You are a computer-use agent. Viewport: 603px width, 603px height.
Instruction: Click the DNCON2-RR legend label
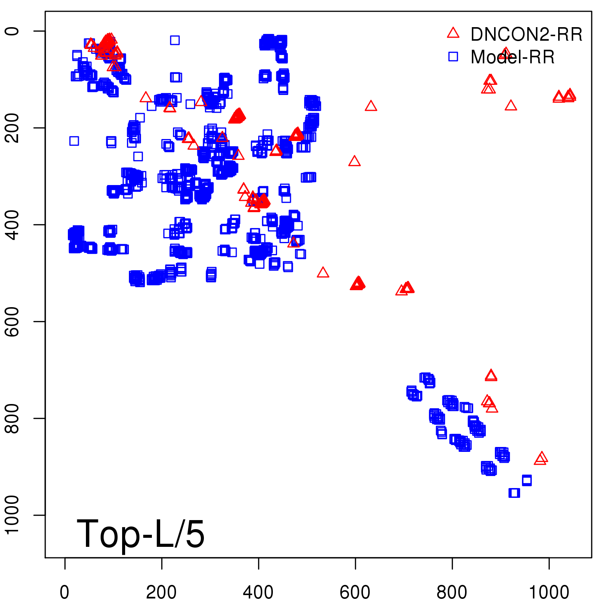tap(526, 34)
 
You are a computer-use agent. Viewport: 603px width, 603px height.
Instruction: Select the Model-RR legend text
tap(513, 57)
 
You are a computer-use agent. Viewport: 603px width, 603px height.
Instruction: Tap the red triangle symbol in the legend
tap(453, 33)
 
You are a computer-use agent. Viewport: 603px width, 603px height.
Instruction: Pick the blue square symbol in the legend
tap(453, 57)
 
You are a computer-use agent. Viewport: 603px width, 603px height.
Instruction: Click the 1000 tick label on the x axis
tap(549, 592)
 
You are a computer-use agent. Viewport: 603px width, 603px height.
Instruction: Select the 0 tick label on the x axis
tap(64, 592)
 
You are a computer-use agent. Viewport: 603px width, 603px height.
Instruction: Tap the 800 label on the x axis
tap(451, 592)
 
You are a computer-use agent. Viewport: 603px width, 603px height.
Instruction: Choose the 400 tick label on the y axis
tap(12, 225)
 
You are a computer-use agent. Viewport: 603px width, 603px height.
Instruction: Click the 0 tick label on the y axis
tap(12, 31)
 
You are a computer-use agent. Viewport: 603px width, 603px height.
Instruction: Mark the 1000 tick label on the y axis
tap(12, 515)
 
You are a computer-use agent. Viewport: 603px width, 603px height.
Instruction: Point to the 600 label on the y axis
tap(12, 321)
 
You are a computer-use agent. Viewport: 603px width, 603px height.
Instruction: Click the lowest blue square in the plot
tap(514, 493)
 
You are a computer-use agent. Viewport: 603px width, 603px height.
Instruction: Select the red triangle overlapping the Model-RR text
tap(505, 54)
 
